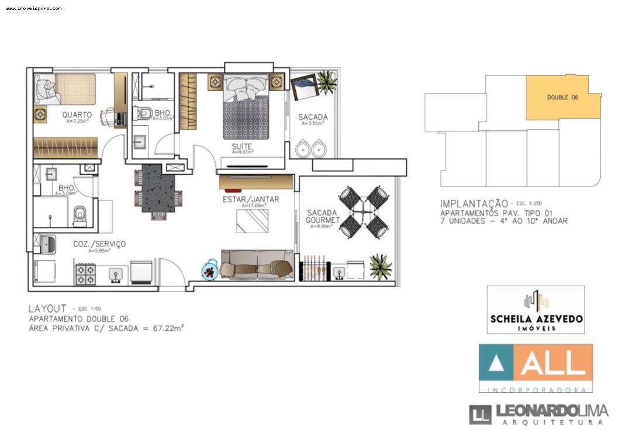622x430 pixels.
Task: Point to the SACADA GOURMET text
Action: (x=323, y=216)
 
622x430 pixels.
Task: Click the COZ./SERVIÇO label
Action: (x=99, y=244)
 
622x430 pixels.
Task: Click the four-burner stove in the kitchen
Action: (x=85, y=273)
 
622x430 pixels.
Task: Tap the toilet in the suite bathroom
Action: (x=145, y=113)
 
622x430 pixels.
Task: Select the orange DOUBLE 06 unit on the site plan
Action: (x=562, y=97)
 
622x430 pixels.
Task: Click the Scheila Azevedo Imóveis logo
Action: (x=535, y=310)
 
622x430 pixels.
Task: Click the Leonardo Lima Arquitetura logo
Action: (x=538, y=413)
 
